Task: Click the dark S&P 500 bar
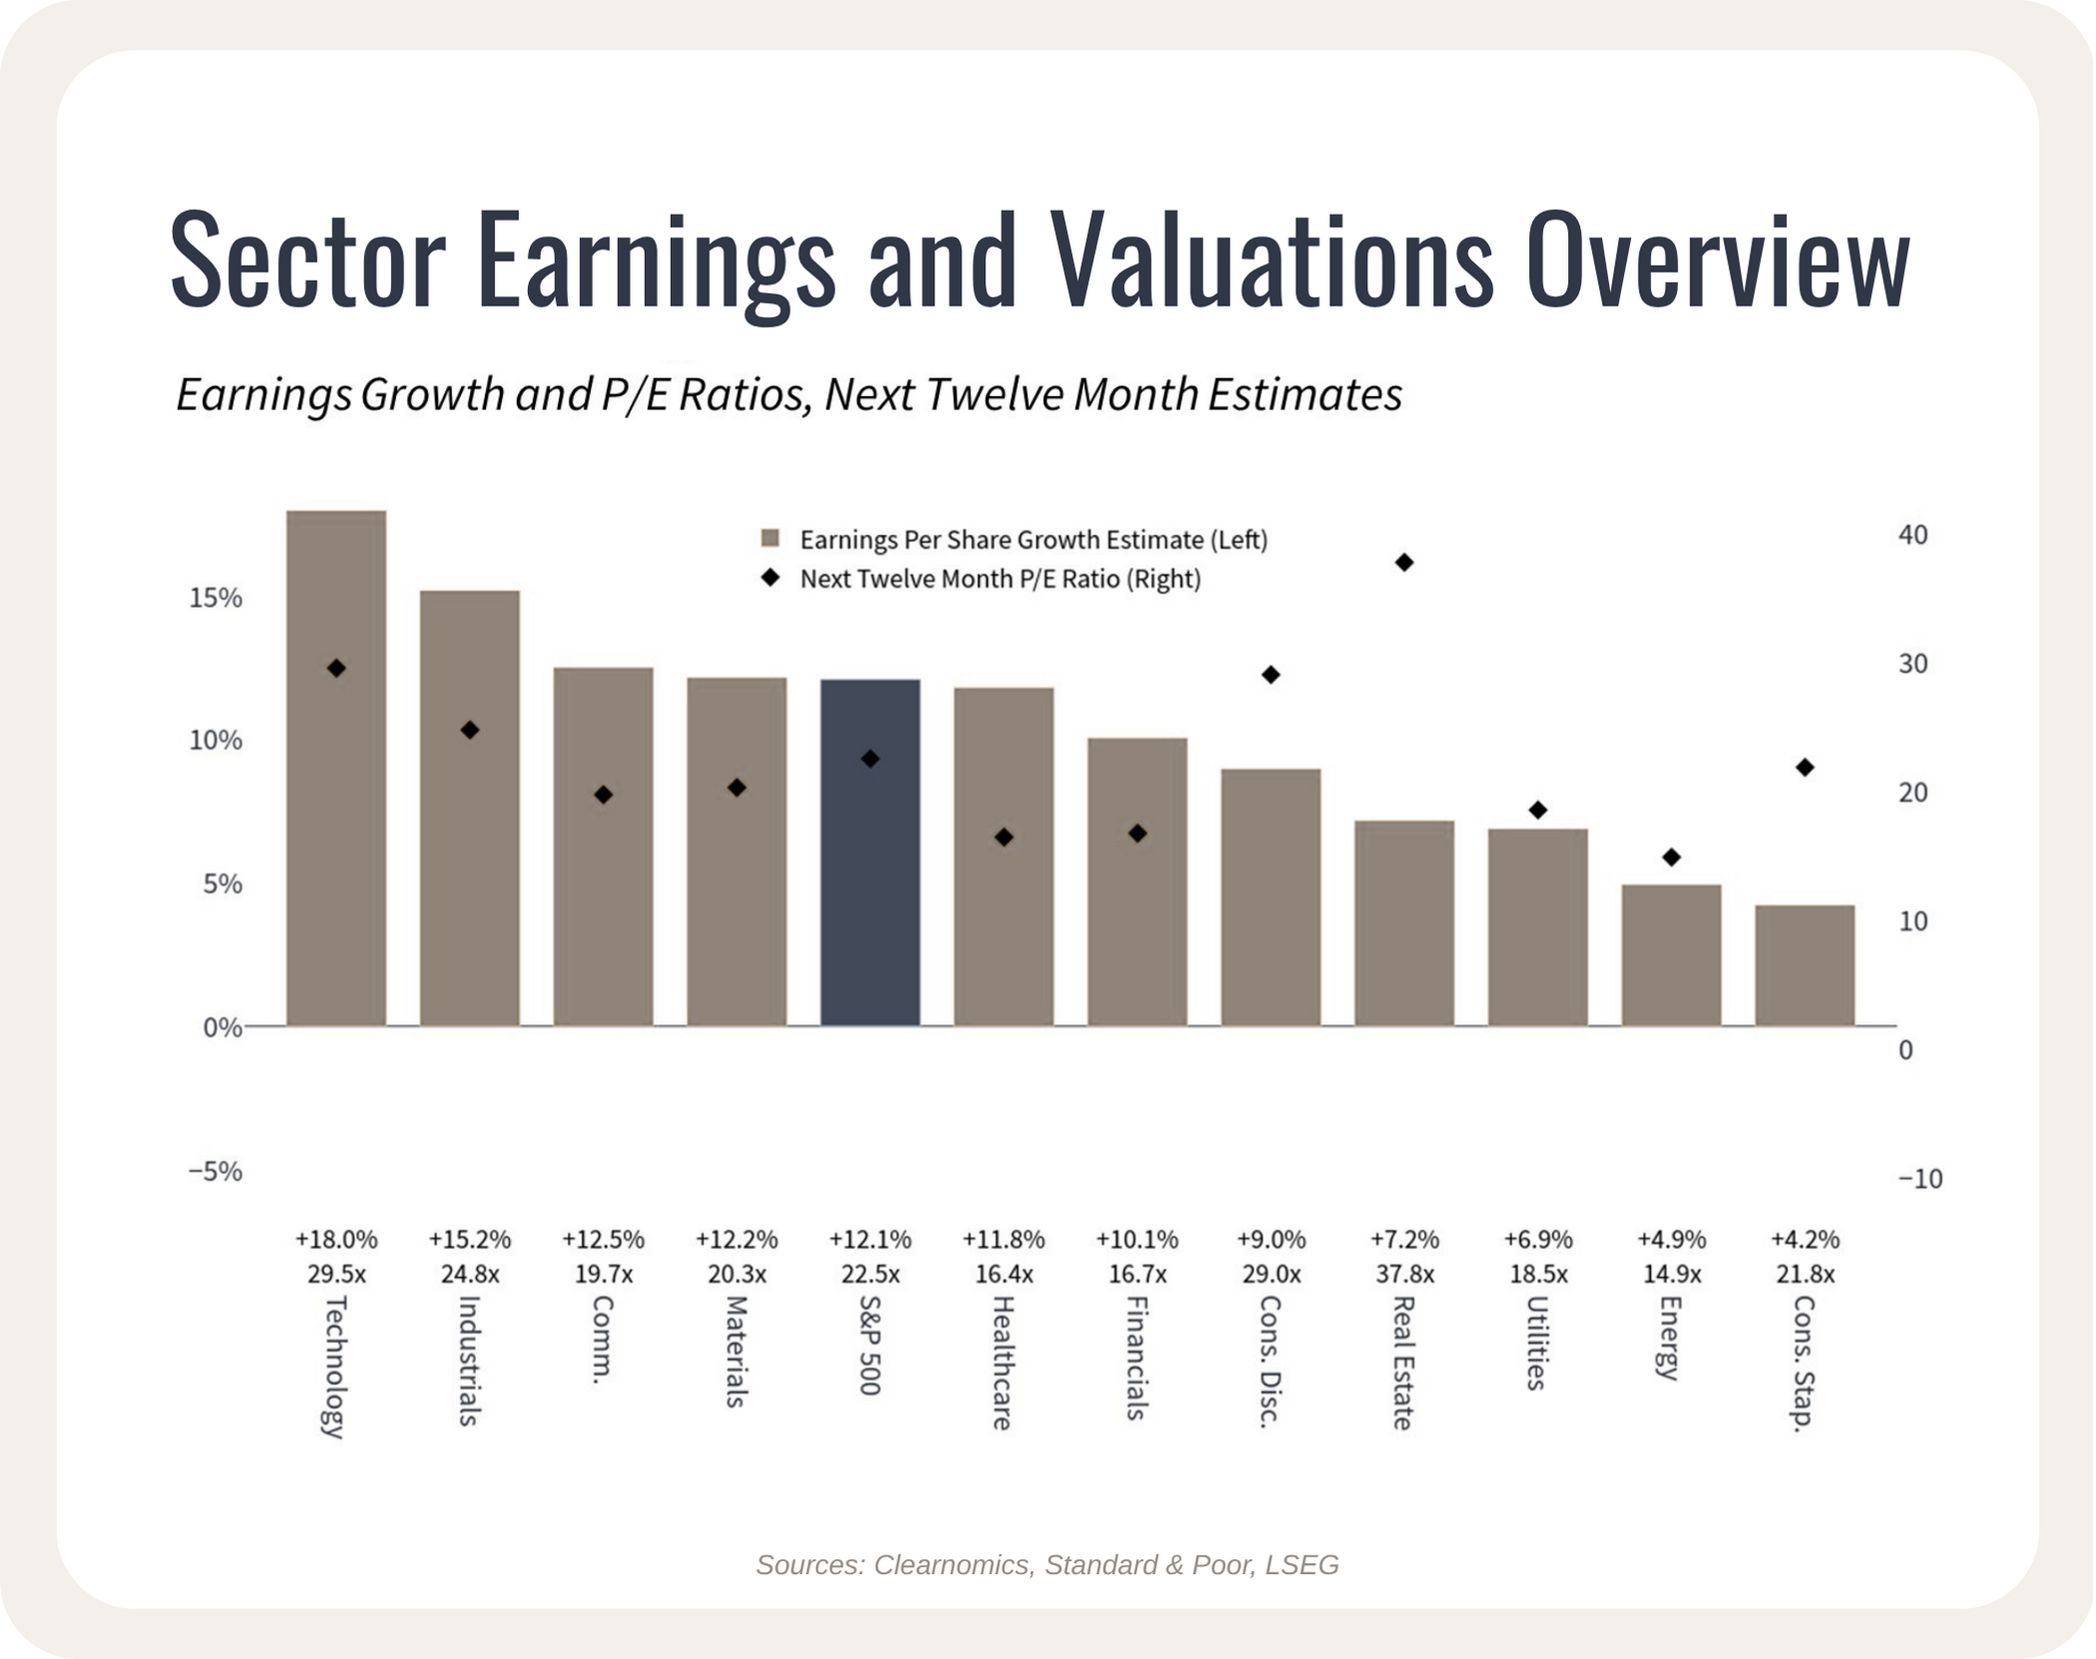(870, 852)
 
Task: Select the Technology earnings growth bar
(336, 769)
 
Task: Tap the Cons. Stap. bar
(1805, 965)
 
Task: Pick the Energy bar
(1671, 955)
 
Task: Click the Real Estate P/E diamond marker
(1404, 563)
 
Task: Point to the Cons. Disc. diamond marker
(1271, 675)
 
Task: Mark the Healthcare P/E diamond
(1004, 837)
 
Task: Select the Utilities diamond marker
(1538, 810)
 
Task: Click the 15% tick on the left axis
(216, 598)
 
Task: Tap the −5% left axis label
(216, 1171)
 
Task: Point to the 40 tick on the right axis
(1912, 535)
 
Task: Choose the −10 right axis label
(1920, 1179)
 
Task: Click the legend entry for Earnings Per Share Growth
(1014, 540)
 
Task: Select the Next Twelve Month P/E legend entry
(981, 579)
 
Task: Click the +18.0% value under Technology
(336, 1240)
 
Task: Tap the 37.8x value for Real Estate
(1404, 1275)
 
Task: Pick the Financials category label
(1136, 1358)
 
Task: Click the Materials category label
(737, 1352)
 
